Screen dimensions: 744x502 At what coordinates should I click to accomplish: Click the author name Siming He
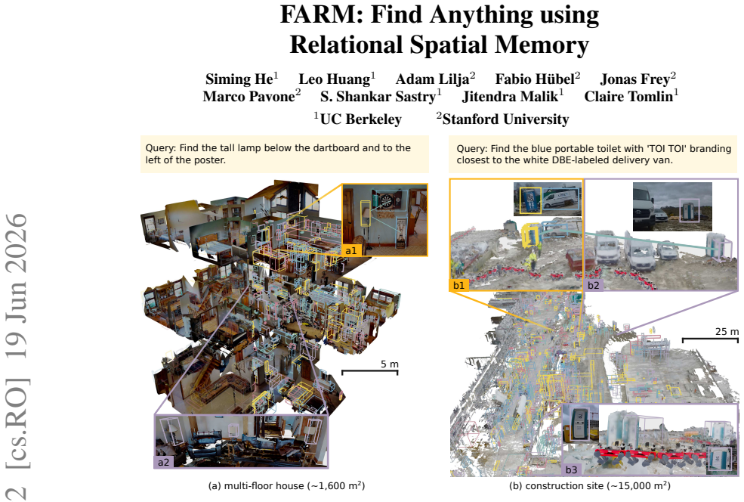click(239, 79)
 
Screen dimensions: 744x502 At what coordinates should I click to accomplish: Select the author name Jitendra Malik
click(510, 97)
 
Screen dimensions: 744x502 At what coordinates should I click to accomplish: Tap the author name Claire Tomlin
click(628, 97)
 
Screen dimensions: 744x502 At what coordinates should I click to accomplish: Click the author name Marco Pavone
click(249, 97)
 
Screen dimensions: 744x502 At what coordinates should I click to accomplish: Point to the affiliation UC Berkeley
click(360, 119)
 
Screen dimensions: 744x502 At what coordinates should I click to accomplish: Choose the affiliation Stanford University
click(505, 119)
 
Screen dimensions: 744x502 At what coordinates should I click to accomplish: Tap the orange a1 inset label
click(351, 250)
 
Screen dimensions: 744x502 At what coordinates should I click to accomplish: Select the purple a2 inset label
click(163, 462)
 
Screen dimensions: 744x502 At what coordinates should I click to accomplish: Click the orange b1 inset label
click(458, 285)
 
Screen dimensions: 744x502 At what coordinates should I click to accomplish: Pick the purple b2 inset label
click(594, 285)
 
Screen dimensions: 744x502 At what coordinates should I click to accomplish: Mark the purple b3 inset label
click(571, 469)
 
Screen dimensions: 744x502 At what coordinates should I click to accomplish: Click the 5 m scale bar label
click(390, 364)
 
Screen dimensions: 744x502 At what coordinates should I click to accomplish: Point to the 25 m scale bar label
click(727, 331)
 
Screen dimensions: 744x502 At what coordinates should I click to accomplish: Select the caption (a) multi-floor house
click(286, 486)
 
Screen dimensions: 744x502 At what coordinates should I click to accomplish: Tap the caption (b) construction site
click(590, 486)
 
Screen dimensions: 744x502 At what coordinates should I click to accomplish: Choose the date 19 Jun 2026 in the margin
click(17, 285)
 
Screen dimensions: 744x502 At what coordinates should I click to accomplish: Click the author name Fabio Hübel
click(535, 79)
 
